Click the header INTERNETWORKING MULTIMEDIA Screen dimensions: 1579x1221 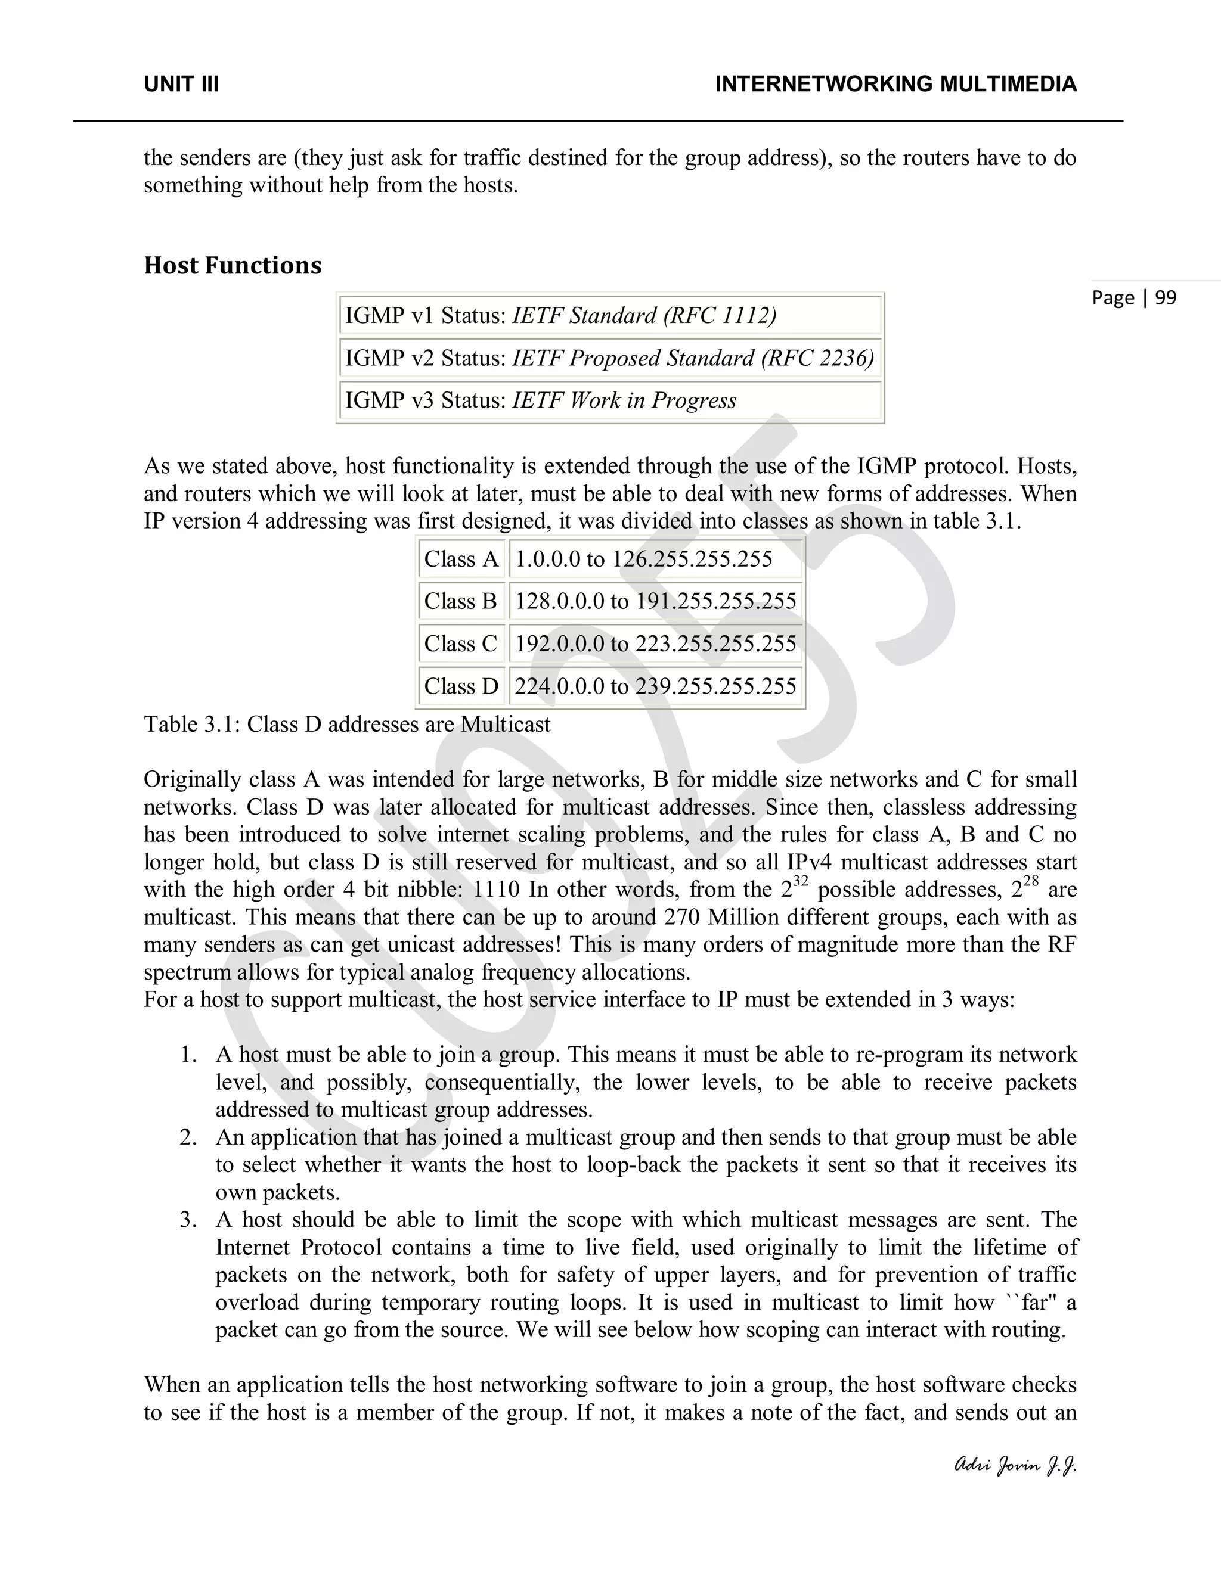coord(895,85)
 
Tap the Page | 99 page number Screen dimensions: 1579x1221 coord(1133,297)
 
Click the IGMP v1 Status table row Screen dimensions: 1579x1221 coord(610,315)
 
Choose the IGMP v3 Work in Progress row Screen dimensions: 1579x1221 coord(610,400)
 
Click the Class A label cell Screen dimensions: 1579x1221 coord(461,559)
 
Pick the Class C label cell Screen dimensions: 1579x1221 coord(461,644)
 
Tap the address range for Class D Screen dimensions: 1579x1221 coord(655,686)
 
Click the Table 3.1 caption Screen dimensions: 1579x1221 coord(346,725)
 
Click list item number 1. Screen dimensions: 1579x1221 coord(189,1055)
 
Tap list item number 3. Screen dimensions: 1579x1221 coord(189,1220)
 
